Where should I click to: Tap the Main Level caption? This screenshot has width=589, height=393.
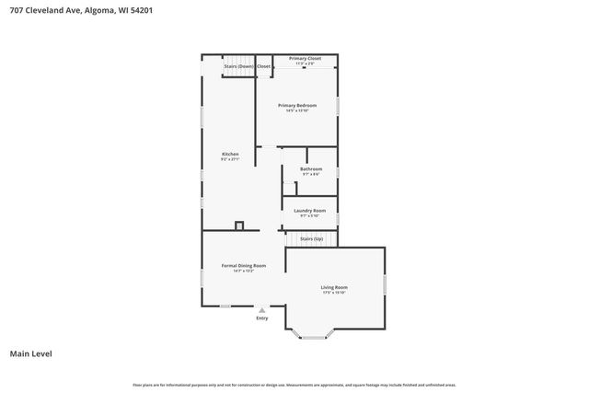click(x=29, y=353)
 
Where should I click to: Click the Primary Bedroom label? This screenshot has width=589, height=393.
click(x=297, y=106)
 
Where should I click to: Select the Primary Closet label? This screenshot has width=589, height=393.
click(x=305, y=59)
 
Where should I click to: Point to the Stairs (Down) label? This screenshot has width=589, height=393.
click(x=237, y=66)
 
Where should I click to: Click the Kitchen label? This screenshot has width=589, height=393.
click(x=230, y=154)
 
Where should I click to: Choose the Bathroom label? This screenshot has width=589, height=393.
click(x=311, y=168)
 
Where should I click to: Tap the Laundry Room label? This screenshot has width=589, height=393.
click(x=310, y=210)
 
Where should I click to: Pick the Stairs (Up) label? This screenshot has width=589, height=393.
click(x=312, y=238)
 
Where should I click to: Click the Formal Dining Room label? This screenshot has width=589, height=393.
click(x=244, y=265)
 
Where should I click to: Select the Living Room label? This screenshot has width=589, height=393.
click(x=334, y=287)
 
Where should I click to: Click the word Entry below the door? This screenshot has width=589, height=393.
click(x=262, y=318)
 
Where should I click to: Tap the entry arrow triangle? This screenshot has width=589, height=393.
click(x=262, y=311)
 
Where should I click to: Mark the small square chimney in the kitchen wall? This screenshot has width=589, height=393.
click(x=239, y=225)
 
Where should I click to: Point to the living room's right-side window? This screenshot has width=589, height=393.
click(x=385, y=283)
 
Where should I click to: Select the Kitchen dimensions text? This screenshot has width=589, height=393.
click(x=230, y=159)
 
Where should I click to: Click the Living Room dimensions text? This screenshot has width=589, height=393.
click(x=334, y=293)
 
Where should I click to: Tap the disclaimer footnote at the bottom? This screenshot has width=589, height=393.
click(x=294, y=385)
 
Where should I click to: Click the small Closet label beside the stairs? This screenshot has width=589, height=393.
click(x=263, y=66)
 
